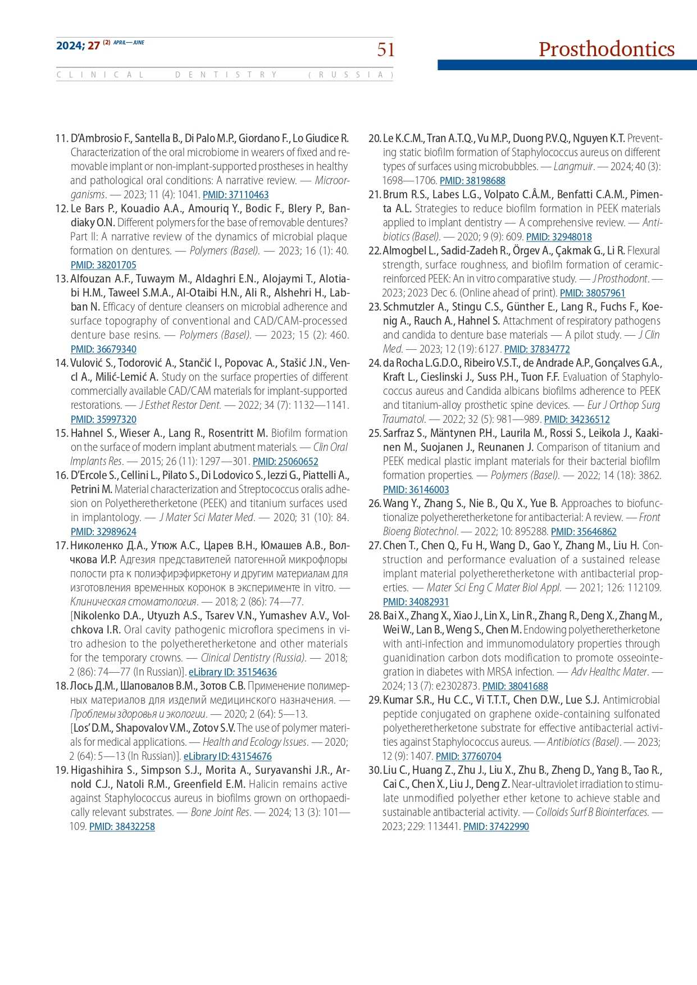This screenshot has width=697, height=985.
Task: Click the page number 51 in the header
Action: click(386, 50)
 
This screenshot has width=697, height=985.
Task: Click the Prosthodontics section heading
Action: click(606, 49)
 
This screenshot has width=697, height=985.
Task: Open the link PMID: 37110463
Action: click(235, 195)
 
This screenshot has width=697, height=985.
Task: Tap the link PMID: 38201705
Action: click(103, 265)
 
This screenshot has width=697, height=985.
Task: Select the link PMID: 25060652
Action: click(285, 462)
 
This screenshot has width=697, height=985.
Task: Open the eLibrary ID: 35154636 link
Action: click(233, 672)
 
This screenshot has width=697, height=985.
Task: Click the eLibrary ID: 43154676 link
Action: click(227, 756)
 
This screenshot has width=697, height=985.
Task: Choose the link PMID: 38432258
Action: click(122, 827)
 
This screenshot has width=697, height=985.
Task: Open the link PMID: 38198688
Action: click(472, 181)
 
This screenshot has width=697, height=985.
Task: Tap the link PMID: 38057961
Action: click(593, 293)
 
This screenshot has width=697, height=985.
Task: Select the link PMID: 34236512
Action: click(577, 419)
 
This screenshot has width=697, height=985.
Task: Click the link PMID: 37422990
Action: click(496, 827)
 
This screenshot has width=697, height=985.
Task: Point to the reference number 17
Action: click(61, 545)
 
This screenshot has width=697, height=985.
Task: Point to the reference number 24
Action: click(374, 363)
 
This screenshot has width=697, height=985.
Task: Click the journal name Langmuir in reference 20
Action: click(573, 167)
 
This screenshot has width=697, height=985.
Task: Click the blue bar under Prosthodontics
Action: click(567, 65)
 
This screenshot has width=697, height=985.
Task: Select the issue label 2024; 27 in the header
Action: click(78, 45)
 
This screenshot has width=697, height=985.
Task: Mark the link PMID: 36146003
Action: click(416, 490)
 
